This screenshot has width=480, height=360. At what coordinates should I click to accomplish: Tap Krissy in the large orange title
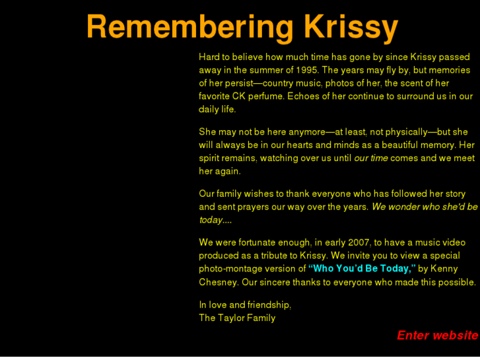coord(351,28)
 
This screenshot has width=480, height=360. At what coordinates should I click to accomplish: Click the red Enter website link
coord(437,336)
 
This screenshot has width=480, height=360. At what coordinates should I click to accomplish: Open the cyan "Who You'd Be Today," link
coord(362,269)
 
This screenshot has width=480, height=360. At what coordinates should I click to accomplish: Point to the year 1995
coord(307,70)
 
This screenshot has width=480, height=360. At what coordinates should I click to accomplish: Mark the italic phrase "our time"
coord(371,159)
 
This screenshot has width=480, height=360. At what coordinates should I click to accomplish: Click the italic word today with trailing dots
coord(215,220)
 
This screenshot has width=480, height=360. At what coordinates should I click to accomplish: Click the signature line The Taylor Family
coord(237,318)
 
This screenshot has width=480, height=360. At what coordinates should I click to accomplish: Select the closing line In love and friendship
coord(245,305)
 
